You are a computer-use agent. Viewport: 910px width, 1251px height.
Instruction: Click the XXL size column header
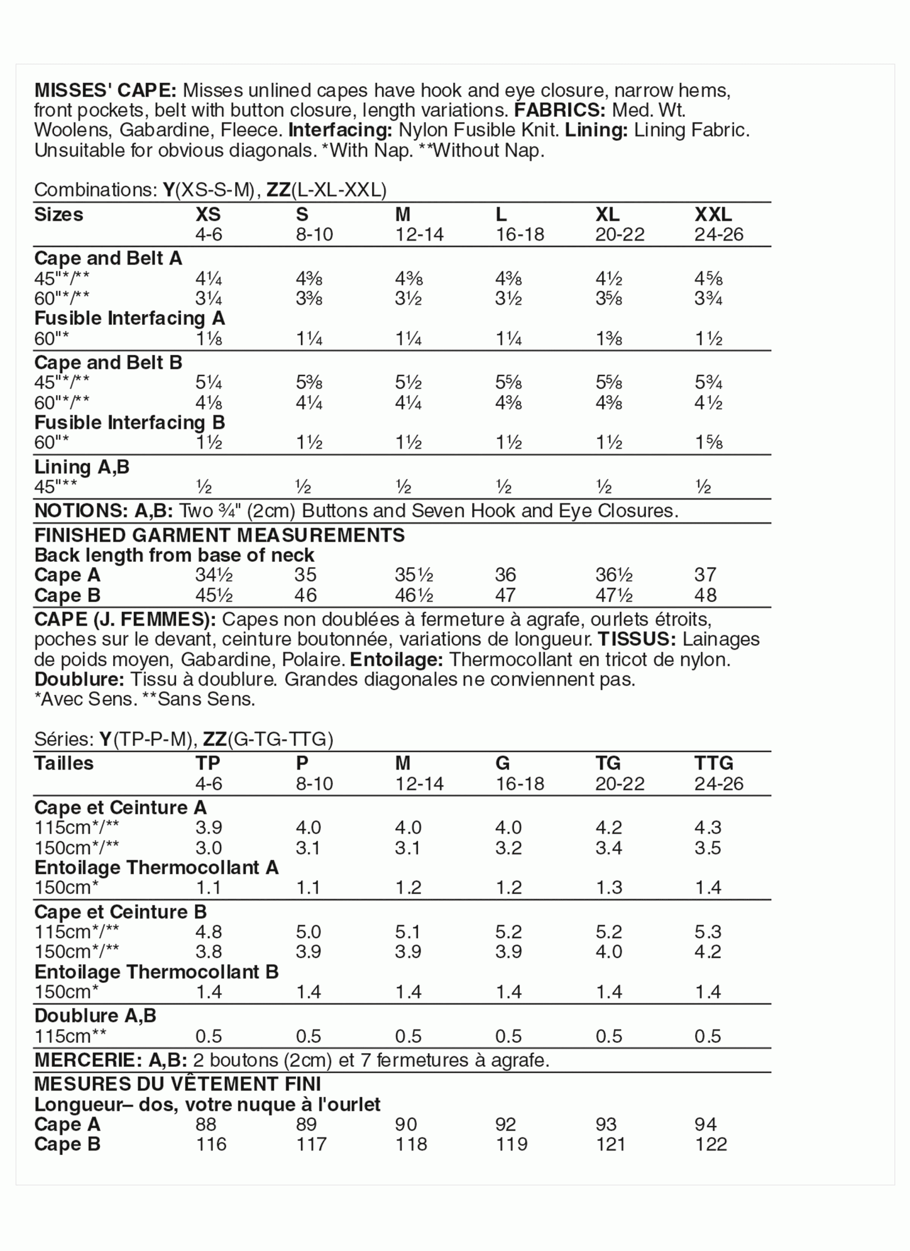[x=713, y=214]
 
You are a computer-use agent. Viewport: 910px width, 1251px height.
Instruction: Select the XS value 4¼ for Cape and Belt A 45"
[x=209, y=278]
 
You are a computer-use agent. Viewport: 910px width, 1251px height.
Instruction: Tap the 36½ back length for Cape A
[x=613, y=575]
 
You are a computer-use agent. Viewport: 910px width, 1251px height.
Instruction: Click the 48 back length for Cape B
[x=705, y=595]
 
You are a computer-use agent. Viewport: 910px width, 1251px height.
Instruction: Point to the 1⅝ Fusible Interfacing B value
[x=708, y=442]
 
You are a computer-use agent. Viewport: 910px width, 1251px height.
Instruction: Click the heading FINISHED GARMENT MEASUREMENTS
[x=219, y=535]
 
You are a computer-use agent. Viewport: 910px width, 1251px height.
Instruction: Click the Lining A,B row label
[x=82, y=467]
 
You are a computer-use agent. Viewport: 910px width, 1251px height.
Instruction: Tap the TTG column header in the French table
[x=714, y=763]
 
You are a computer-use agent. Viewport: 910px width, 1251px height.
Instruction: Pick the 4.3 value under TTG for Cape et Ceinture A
[x=708, y=827]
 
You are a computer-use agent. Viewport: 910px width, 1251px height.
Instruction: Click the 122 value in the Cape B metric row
[x=711, y=1144]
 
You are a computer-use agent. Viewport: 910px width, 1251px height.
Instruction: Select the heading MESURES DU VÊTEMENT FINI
[x=177, y=1084]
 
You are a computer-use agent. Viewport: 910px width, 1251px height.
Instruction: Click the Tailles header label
[x=64, y=763]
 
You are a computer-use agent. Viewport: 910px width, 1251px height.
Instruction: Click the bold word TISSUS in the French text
[x=637, y=639]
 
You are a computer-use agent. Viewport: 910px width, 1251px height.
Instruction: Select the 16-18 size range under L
[x=520, y=235]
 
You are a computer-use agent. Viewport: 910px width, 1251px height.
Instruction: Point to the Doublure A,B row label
[x=95, y=1015]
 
